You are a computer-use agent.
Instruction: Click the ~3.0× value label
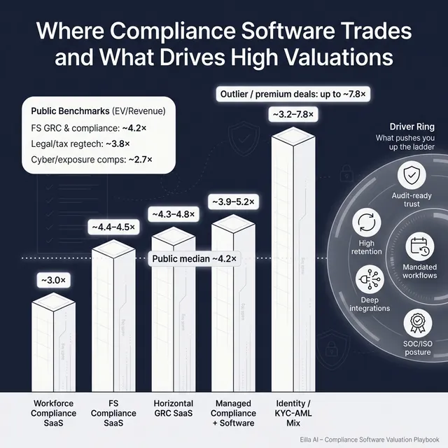click(53, 280)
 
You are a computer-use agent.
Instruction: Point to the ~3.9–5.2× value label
click(234, 202)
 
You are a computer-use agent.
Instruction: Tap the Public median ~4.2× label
click(195, 259)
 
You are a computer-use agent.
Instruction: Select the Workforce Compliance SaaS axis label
click(53, 413)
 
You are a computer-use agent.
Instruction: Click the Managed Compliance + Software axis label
click(234, 413)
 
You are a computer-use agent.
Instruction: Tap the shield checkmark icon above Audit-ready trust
click(415, 175)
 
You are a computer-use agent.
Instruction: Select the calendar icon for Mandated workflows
click(420, 246)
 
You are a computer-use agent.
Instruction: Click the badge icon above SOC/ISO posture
click(418, 323)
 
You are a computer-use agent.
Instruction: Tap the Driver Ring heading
click(416, 127)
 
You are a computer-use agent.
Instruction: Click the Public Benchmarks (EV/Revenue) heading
click(93, 111)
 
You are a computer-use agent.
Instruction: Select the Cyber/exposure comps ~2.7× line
click(92, 160)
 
